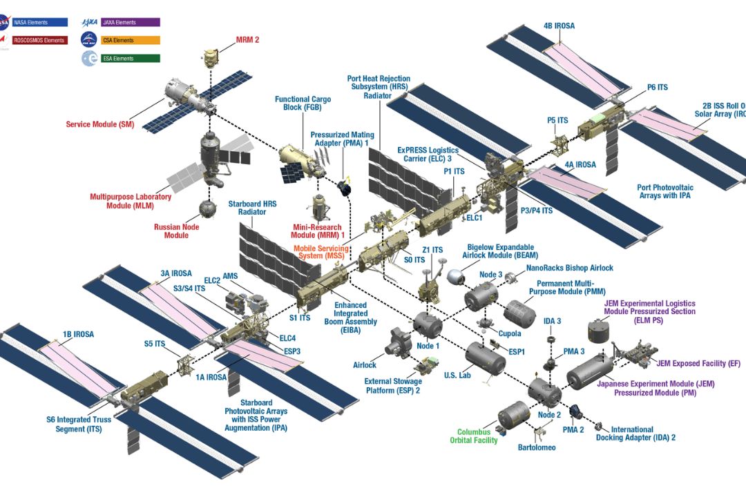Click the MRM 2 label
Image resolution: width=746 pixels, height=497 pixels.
247,40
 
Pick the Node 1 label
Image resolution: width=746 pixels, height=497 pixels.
428,345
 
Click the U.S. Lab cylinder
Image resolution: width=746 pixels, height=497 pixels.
485,358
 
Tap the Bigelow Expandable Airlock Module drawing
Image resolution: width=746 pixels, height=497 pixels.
455,277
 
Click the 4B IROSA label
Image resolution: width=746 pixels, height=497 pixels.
559,26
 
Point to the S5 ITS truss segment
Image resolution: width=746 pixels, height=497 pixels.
185,364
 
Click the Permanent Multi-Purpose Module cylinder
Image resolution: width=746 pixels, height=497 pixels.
519,311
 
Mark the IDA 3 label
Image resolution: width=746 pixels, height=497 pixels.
553,321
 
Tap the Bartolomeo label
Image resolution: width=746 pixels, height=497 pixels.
537,447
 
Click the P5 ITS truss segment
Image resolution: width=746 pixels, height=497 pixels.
558,142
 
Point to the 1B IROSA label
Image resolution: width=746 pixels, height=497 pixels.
78,335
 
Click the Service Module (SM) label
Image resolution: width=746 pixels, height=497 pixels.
100,125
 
